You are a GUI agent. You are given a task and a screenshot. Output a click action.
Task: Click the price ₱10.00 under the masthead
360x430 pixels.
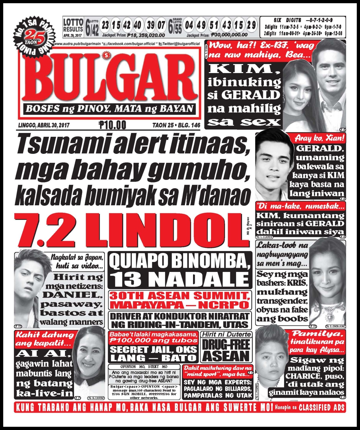tap(113, 125)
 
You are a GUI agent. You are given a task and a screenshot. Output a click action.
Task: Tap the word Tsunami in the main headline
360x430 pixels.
tap(54, 145)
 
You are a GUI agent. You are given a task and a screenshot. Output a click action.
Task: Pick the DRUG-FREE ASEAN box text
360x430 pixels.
tap(226, 350)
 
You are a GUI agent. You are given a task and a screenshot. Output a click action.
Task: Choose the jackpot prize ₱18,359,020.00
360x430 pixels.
tap(146, 35)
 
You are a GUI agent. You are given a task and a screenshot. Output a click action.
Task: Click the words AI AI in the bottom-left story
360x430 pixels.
tap(42, 354)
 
